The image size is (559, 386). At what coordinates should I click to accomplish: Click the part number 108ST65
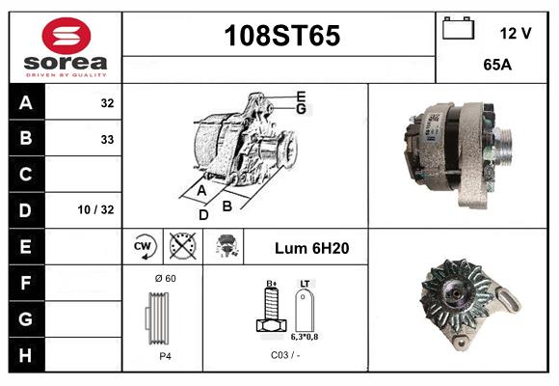click(281, 36)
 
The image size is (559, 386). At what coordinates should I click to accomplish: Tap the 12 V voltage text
click(516, 33)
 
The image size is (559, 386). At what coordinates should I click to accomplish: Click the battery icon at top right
click(458, 30)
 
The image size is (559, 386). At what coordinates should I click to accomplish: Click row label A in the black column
click(26, 102)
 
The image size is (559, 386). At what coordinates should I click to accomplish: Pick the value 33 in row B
click(107, 139)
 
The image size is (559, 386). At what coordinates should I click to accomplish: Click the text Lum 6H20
click(311, 248)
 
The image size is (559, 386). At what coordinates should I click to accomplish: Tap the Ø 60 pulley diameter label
click(164, 278)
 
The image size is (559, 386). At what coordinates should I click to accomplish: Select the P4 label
click(164, 355)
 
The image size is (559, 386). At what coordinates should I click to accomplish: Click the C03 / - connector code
click(286, 355)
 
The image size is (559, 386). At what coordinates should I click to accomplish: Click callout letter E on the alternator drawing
click(302, 96)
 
